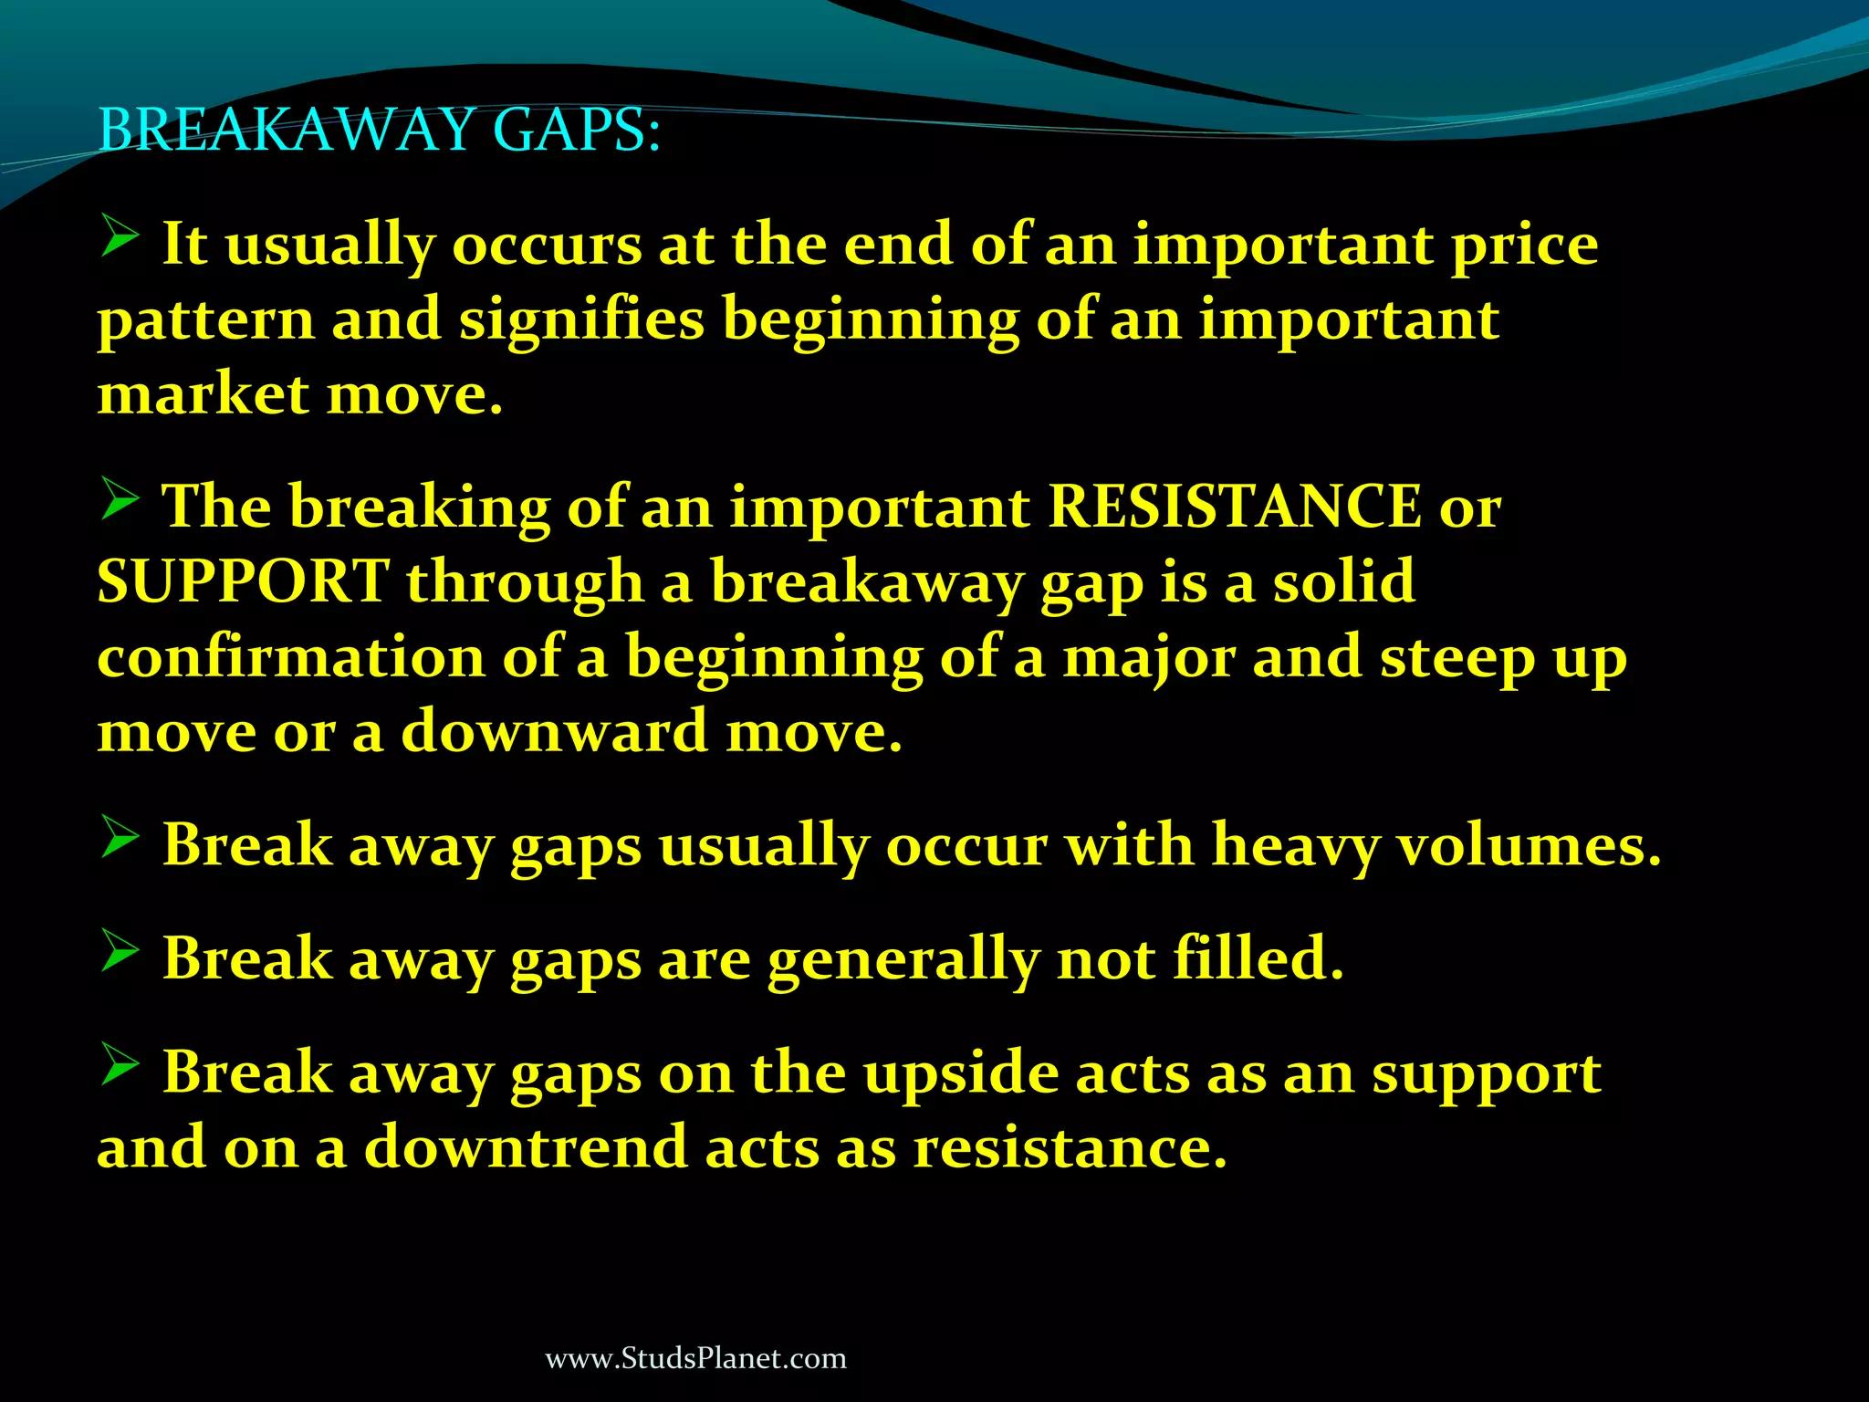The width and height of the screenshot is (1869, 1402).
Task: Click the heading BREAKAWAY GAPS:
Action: pos(379,130)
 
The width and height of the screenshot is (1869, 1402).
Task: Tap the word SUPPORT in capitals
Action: pos(244,581)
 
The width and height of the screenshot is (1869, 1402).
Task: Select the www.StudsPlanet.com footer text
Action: pos(695,1358)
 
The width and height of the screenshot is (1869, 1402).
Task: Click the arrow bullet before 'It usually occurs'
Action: pos(120,235)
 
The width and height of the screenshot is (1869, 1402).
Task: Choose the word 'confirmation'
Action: pos(291,657)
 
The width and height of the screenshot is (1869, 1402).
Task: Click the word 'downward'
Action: pos(555,732)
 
